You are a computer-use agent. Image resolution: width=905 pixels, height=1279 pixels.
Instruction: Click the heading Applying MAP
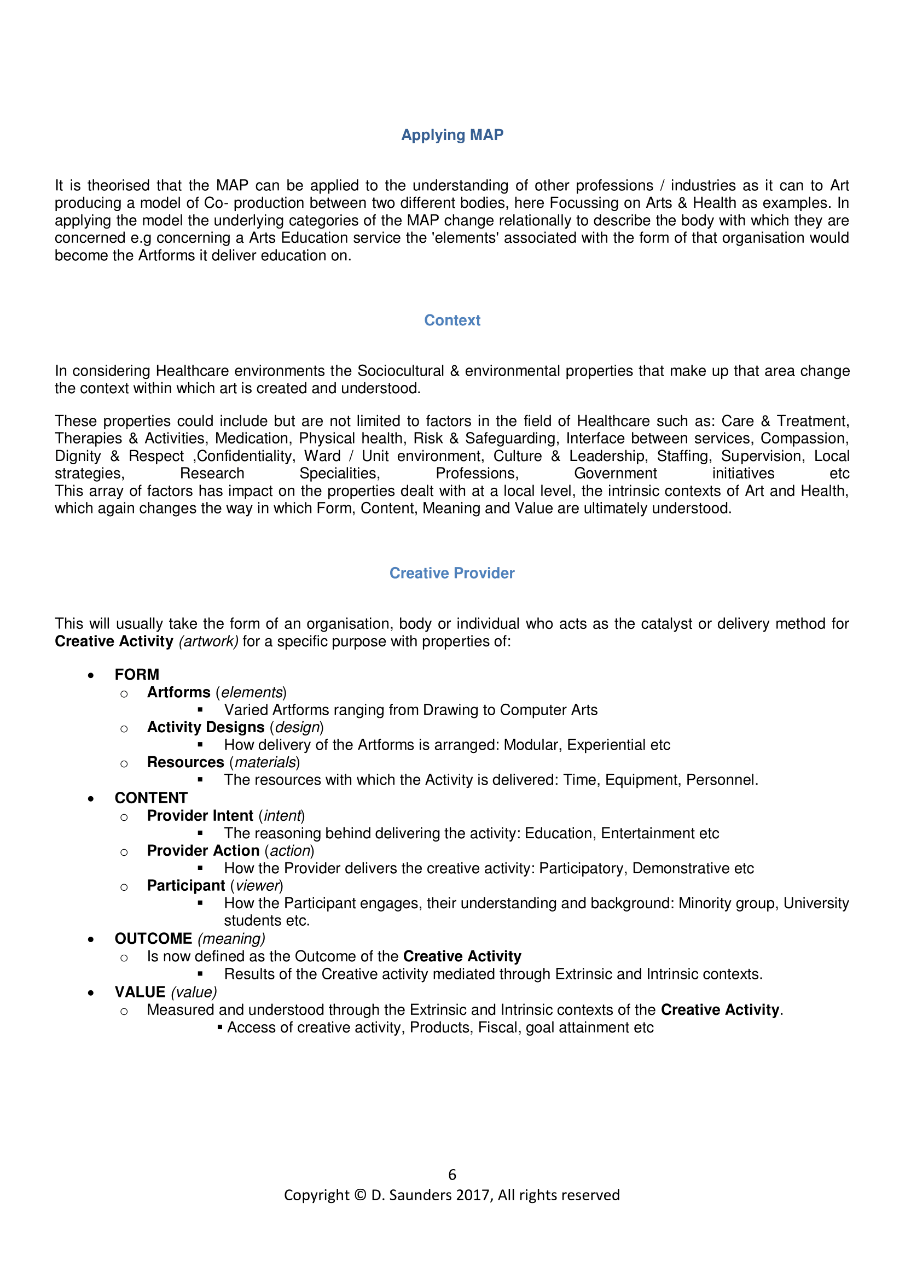click(452, 135)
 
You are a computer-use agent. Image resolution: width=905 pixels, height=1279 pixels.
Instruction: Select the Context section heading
click(452, 320)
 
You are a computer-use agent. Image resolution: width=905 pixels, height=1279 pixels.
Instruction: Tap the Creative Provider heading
click(452, 573)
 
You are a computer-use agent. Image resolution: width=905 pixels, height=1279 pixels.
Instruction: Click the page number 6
click(452, 1174)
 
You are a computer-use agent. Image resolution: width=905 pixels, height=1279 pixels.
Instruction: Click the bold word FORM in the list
click(137, 675)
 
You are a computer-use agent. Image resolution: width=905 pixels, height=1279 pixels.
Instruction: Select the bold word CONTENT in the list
click(151, 798)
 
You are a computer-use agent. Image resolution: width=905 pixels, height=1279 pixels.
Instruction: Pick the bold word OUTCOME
click(153, 939)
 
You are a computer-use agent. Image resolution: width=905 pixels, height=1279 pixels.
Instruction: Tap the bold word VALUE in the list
click(140, 992)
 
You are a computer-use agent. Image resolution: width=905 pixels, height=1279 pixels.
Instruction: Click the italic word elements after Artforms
click(252, 692)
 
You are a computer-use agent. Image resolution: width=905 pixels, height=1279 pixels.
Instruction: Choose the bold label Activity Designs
click(206, 727)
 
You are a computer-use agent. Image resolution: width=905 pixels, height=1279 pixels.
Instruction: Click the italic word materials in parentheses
click(265, 763)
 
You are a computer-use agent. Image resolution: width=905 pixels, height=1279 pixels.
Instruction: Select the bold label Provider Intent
click(200, 815)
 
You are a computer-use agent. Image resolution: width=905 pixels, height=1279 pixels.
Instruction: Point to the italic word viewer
click(257, 886)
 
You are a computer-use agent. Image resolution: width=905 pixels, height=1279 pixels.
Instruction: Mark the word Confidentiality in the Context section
click(245, 456)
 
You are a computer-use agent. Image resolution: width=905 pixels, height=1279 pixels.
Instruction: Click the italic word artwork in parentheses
click(208, 642)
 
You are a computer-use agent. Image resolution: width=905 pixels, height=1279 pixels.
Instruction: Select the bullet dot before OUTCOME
click(91, 940)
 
